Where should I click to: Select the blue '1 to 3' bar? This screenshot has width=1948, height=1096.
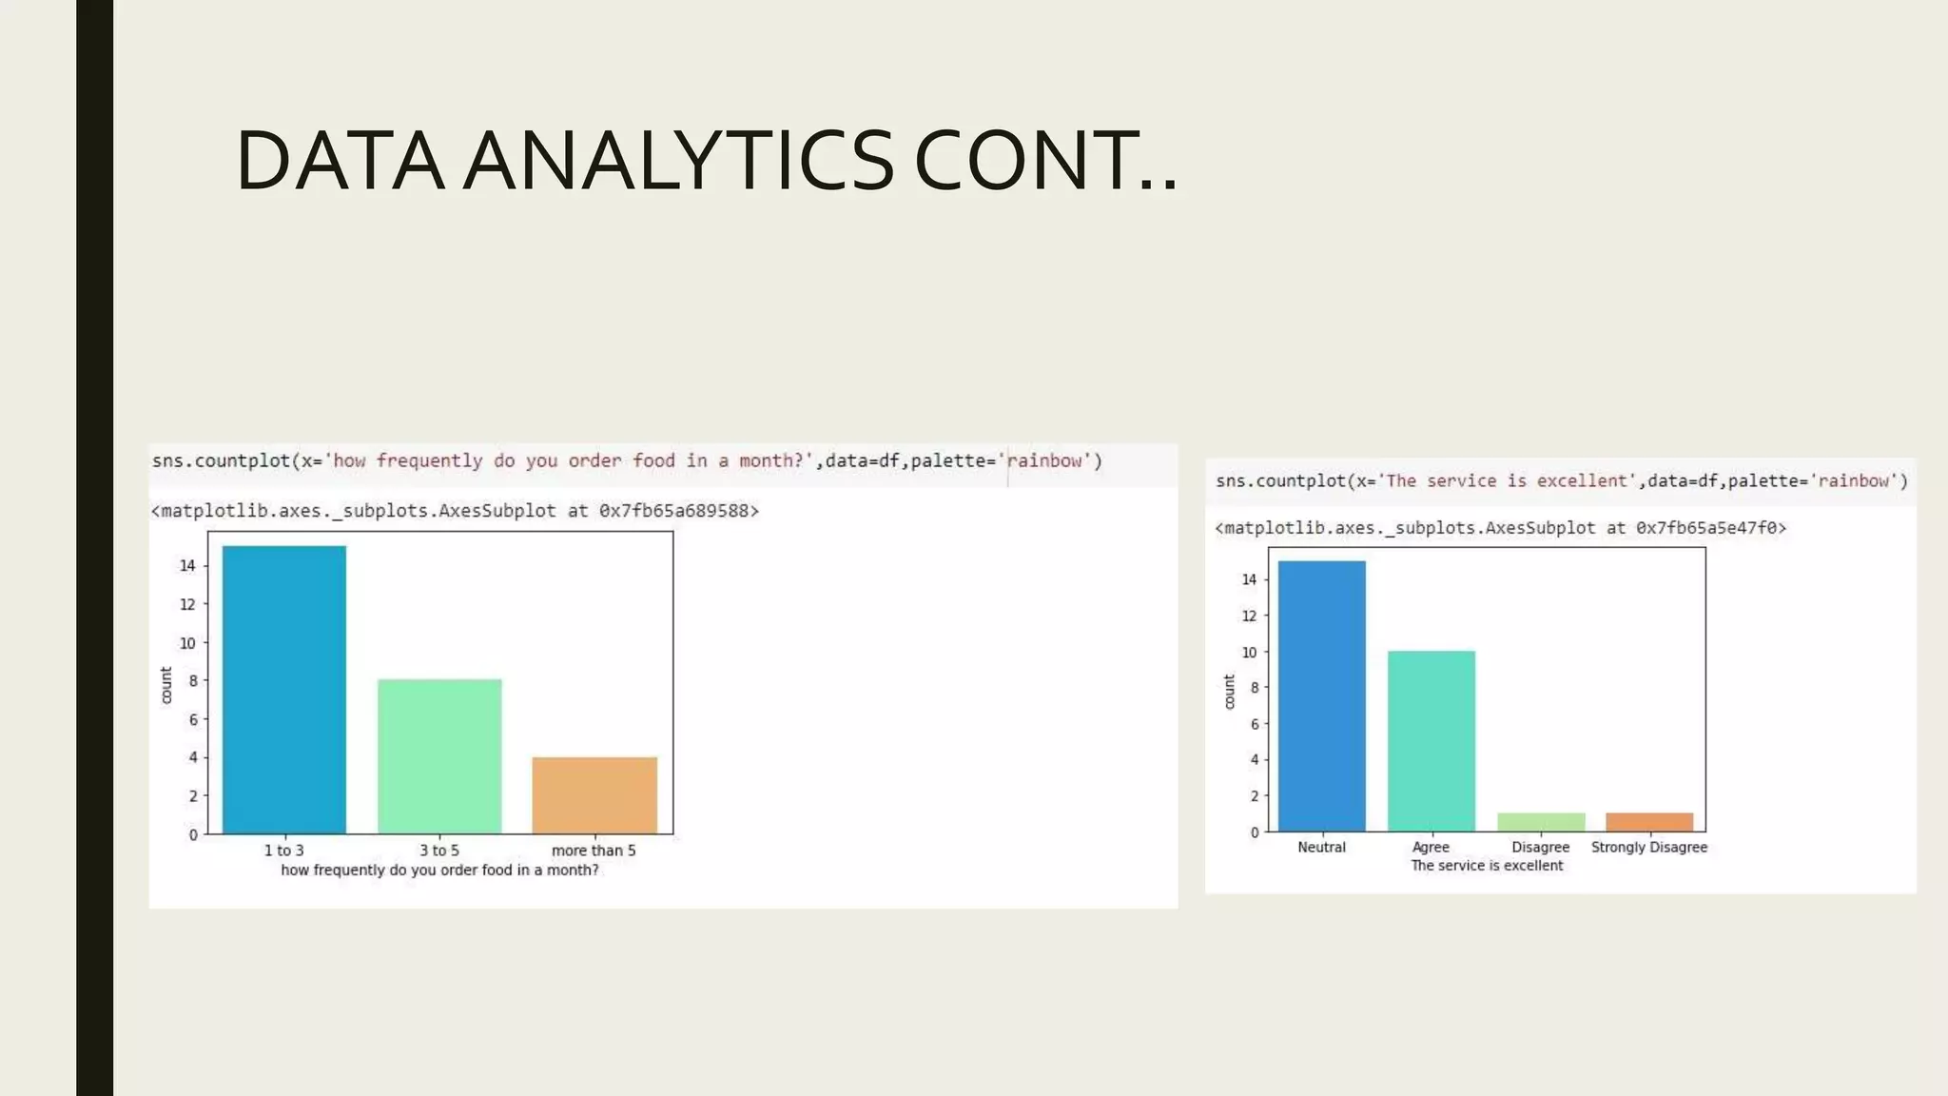click(283, 690)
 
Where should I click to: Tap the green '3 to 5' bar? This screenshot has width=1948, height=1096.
click(439, 756)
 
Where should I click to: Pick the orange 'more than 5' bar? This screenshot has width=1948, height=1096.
click(594, 795)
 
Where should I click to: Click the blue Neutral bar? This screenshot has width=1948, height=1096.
click(1321, 695)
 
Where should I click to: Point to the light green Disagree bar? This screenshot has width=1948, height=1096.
click(1541, 822)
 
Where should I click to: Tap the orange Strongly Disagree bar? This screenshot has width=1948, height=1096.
click(1649, 822)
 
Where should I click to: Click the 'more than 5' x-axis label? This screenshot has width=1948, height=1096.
click(594, 851)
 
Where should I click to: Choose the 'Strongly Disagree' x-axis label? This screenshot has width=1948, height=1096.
click(1648, 847)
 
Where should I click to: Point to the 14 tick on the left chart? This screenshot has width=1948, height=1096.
click(187, 565)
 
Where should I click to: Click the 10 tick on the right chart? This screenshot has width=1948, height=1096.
click(1249, 652)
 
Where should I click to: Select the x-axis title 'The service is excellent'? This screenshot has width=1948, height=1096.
click(1486, 866)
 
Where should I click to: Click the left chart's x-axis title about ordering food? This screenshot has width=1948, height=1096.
click(439, 871)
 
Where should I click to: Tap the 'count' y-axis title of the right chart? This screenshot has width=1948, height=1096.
click(1228, 692)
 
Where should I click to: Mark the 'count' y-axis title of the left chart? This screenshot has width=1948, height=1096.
click(166, 685)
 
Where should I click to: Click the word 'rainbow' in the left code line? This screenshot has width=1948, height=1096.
click(1044, 461)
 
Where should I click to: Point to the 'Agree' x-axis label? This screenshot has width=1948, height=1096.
click(1431, 847)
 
